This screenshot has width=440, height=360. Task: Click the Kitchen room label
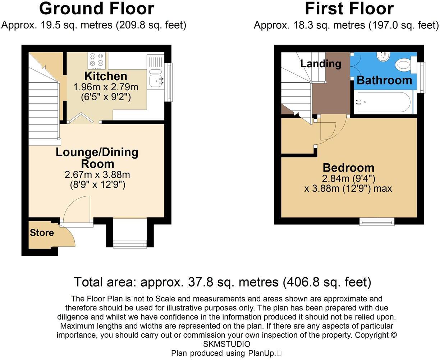(106, 76)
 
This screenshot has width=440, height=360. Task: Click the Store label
(42, 233)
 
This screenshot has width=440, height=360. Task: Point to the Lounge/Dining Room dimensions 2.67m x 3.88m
(97, 175)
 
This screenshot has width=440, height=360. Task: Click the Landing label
(321, 64)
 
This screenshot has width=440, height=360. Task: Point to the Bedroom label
(348, 168)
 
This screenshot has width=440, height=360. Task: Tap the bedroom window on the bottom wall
(377, 222)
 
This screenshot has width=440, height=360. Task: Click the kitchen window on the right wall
(168, 82)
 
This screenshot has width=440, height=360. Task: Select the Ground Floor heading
(96, 9)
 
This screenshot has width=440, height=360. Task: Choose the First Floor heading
(349, 9)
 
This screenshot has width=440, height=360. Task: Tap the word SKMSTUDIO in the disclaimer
(226, 344)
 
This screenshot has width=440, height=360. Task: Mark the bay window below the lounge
(130, 243)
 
